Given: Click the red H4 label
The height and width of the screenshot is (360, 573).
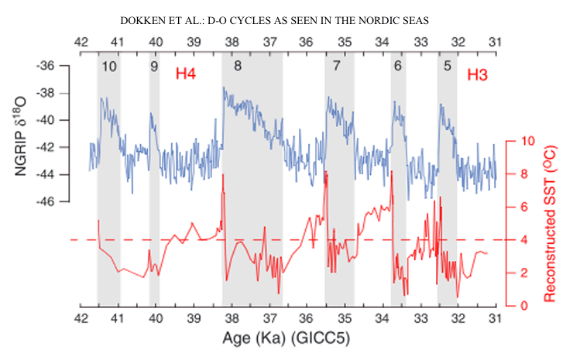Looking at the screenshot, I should [187, 74].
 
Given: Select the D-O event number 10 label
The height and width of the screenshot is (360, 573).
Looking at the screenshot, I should [108, 67].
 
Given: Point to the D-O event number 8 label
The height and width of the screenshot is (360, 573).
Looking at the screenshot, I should [237, 67].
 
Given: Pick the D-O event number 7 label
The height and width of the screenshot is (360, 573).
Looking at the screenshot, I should [336, 67].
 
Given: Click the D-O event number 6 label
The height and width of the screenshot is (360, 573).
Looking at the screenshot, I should [398, 67].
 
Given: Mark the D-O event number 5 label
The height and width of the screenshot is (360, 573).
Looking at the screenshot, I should [448, 67].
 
